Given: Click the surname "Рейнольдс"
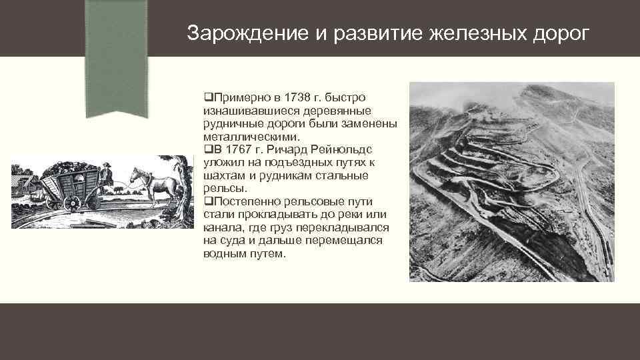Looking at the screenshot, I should click(x=344, y=149).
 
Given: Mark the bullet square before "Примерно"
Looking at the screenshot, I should click(x=208, y=98).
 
